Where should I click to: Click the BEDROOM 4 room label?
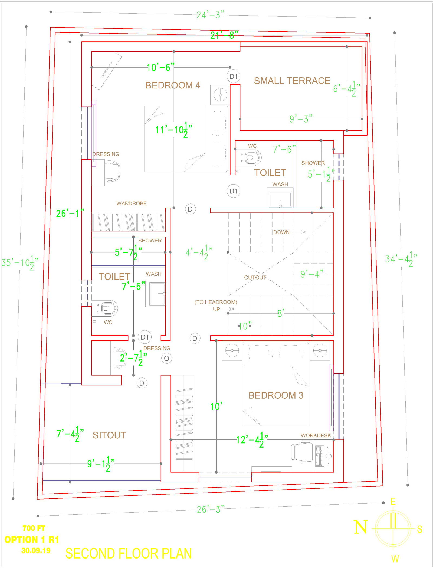click(x=173, y=86)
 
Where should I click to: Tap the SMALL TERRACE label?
click(x=292, y=81)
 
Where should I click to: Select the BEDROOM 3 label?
click(x=276, y=395)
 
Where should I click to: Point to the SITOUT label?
click(x=109, y=435)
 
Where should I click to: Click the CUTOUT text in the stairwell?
click(x=255, y=278)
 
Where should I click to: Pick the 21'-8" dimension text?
click(x=224, y=35)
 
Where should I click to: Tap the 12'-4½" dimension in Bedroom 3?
click(x=252, y=440)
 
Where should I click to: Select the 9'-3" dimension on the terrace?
click(x=301, y=119)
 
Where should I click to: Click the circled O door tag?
click(x=166, y=359)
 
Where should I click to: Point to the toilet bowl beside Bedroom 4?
click(x=252, y=158)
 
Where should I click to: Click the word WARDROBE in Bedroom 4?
click(x=132, y=203)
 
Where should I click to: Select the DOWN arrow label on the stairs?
click(x=281, y=232)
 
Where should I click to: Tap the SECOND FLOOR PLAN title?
click(x=129, y=553)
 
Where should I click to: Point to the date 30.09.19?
click(x=36, y=551)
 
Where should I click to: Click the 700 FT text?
click(x=34, y=528)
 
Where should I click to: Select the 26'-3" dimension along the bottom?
click(x=211, y=510)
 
